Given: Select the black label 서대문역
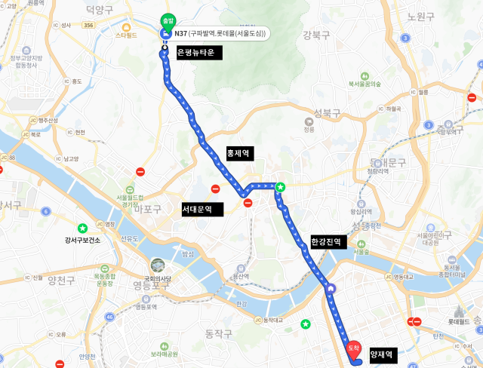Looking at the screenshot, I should (202, 210).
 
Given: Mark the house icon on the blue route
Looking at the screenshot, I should (331, 287).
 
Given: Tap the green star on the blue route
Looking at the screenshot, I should (280, 186).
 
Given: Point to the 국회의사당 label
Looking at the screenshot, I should (157, 276).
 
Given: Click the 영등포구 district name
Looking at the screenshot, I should (151, 286).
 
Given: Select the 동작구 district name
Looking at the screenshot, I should (220, 333).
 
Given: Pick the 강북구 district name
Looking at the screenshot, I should (317, 35).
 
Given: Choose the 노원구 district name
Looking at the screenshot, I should (420, 17).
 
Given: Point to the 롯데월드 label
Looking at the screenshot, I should (459, 322).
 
